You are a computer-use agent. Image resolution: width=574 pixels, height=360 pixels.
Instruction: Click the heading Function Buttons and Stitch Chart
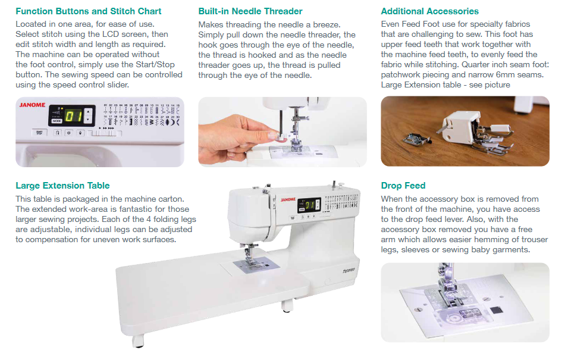(89, 11)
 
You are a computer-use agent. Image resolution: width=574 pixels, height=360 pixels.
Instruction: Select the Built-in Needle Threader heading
(250, 11)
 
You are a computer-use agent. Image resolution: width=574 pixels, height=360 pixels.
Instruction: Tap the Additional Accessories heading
(429, 11)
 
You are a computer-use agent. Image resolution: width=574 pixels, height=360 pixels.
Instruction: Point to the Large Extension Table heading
(62, 186)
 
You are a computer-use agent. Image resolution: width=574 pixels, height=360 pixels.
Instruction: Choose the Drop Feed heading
(403, 186)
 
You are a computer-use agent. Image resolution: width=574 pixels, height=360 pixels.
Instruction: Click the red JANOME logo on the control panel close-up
(33, 105)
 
